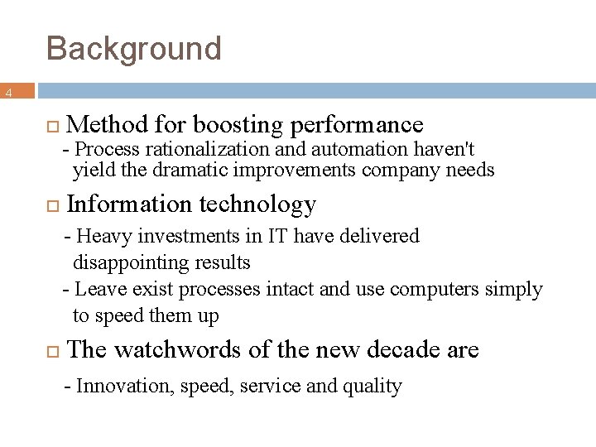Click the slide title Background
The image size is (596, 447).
(134, 49)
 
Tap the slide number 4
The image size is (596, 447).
(8, 94)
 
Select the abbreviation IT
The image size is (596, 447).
(277, 236)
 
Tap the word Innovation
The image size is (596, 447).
(114, 386)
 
